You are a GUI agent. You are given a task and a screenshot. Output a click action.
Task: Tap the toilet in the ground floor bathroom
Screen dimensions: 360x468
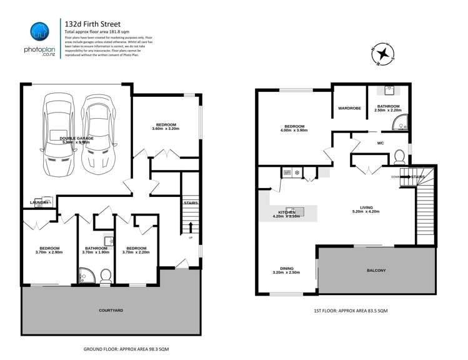point(105,274)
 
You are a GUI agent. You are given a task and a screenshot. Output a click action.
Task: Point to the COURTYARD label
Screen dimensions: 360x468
point(111,310)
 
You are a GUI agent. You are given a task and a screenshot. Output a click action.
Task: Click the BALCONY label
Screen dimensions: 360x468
point(376,270)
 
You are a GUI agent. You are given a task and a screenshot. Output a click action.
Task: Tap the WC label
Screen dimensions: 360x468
point(380,143)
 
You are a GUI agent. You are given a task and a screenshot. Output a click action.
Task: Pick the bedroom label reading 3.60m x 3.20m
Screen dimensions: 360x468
point(166,126)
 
